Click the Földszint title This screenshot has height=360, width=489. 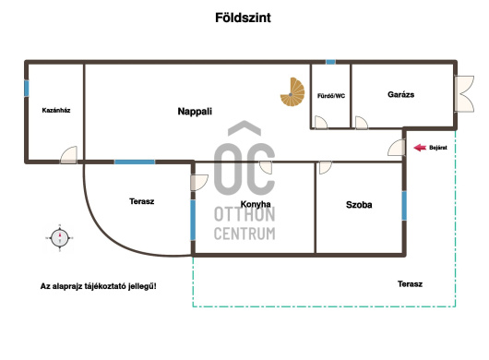[x=243, y=18]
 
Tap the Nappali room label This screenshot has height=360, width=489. [x=195, y=112]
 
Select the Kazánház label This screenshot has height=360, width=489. [x=56, y=110]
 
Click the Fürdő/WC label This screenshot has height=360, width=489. [x=331, y=96]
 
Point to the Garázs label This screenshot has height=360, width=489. [x=401, y=94]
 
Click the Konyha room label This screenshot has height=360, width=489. [x=256, y=204]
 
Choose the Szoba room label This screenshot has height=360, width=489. [x=359, y=205]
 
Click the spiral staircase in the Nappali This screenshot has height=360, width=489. [x=292, y=91]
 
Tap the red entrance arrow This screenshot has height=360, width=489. [x=420, y=148]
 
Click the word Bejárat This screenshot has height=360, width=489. [x=438, y=148]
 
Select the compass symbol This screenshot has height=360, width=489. [x=60, y=238]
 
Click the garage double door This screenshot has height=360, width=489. [x=464, y=93]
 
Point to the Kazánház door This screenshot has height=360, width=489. [x=68, y=155]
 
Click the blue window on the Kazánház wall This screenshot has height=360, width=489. [x=27, y=89]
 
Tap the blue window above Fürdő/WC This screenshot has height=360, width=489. [x=331, y=62]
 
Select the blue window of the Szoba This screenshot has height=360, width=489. [x=404, y=206]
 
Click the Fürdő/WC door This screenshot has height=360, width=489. [x=321, y=122]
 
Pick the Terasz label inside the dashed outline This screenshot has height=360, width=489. [x=410, y=284]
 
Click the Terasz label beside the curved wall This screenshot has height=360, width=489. [x=142, y=201]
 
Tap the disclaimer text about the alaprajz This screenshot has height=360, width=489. [x=98, y=286]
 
